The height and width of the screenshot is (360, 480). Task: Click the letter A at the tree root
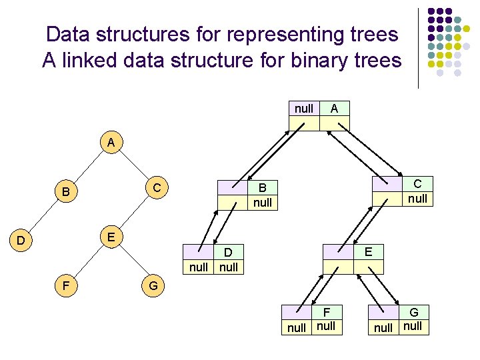pos(111,143)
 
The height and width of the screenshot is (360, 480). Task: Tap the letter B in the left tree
pos(66,193)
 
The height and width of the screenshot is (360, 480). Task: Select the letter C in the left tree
pos(157,188)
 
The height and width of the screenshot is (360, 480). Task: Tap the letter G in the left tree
pos(153,287)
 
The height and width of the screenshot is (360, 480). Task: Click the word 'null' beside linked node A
pos(304,108)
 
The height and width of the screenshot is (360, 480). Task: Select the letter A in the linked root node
pos(334,108)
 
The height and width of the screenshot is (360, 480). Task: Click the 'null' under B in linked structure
pos(263,203)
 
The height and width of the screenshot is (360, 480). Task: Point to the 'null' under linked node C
pos(417,199)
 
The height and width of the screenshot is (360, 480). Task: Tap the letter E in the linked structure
pos(368,251)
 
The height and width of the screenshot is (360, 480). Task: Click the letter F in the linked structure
pos(327,312)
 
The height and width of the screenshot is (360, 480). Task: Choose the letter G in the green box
pos(414,312)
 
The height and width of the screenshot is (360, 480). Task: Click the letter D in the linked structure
pos(228,253)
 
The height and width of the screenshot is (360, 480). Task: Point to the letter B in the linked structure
pos(263,189)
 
